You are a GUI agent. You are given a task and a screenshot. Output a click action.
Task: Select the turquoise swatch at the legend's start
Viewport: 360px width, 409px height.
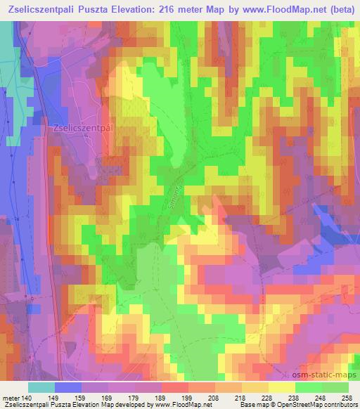(x=41, y=388)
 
